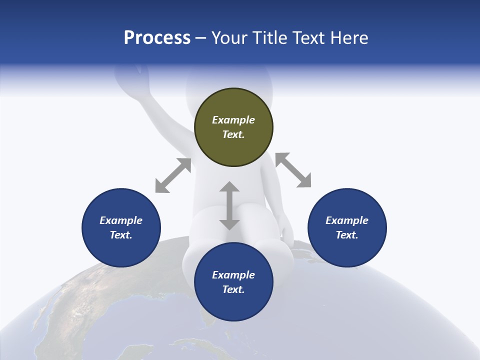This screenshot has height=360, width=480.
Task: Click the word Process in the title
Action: [157, 38]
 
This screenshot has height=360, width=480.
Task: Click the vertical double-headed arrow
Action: [229, 205]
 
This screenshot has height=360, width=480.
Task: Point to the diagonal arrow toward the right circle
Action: [293, 170]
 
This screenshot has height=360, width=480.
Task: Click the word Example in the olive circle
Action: [233, 120]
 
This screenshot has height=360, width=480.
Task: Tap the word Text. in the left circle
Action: [121, 235]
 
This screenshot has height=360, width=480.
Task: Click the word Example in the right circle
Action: [347, 220]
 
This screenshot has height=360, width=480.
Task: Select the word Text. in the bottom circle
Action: [233, 289]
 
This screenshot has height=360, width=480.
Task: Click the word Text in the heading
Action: [308, 38]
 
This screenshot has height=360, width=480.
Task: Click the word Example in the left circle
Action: [121, 220]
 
